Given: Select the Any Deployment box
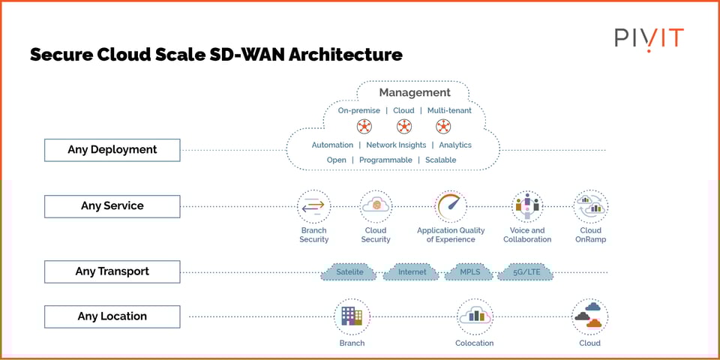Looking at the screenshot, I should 112,150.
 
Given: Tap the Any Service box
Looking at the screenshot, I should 112,206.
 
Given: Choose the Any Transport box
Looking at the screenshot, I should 112,271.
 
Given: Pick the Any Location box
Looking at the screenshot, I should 112,316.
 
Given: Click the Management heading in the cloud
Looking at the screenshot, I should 415,93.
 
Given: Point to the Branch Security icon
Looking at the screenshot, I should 313,206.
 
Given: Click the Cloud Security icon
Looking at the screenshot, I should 376,206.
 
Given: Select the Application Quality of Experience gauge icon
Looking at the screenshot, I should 451,206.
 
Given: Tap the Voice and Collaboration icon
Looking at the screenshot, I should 527,206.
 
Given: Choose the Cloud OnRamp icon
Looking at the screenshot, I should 590,206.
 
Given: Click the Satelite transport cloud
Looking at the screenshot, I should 349,271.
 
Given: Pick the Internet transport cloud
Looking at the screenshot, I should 412,271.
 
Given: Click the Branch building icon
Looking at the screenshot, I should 352,316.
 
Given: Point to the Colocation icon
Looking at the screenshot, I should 475,316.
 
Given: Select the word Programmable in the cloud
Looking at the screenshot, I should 385,160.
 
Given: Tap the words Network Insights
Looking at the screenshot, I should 396,145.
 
